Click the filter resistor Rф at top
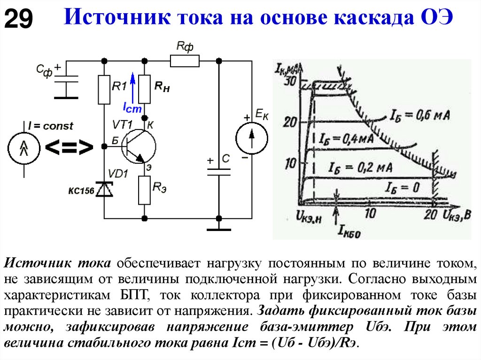(185, 61)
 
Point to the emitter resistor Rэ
(144, 190)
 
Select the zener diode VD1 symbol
(104, 189)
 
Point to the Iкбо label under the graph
(348, 230)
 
